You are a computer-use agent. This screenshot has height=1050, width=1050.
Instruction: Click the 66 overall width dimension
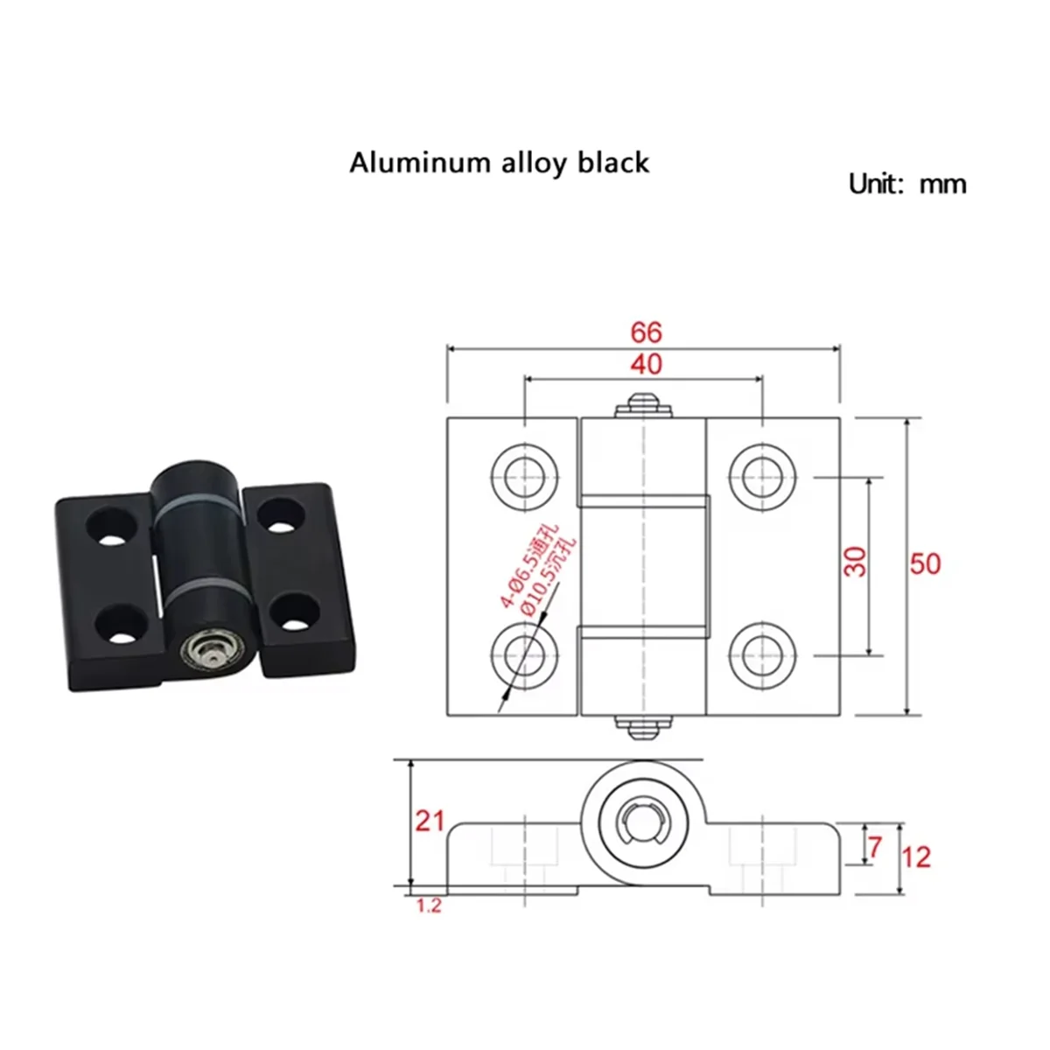pyautogui.click(x=646, y=332)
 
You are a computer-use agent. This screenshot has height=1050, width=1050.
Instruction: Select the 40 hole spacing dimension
pyautogui.click(x=646, y=364)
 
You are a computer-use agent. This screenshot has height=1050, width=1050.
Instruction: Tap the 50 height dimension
pyautogui.click(x=925, y=563)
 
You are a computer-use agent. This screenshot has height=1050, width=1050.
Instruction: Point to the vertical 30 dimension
pyautogui.click(x=857, y=561)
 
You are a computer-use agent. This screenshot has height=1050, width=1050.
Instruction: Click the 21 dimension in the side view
pyautogui.click(x=430, y=821)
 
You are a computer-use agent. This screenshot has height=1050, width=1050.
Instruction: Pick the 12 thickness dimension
pyautogui.click(x=916, y=857)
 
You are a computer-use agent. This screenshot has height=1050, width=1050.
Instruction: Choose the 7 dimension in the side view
pyautogui.click(x=875, y=846)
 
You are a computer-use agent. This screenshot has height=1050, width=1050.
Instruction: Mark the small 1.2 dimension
pyautogui.click(x=429, y=906)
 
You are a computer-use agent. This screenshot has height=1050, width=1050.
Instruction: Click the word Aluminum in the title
pyautogui.click(x=404, y=164)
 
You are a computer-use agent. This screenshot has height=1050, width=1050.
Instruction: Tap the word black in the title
pyautogui.click(x=613, y=163)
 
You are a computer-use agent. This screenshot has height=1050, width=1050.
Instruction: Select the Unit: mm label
pyautogui.click(x=907, y=185)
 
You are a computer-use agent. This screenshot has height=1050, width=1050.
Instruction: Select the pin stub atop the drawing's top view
pyautogui.click(x=645, y=404)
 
